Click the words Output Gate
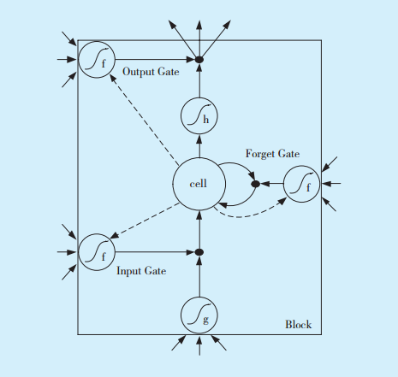pos(151,72)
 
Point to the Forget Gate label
pos(272,154)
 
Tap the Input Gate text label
pos(141,271)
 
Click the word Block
pos(299,324)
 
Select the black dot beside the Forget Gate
pos(255,184)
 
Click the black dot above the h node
pos(199,60)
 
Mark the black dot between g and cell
pos(199,252)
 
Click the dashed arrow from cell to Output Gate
pos(145,120)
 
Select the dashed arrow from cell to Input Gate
pos(145,221)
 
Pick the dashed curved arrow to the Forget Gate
pos(246,217)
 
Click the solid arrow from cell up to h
pos(199,146)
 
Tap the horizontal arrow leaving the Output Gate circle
pos(155,60)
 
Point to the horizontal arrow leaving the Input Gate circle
pos(155,252)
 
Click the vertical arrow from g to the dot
pos(199,276)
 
